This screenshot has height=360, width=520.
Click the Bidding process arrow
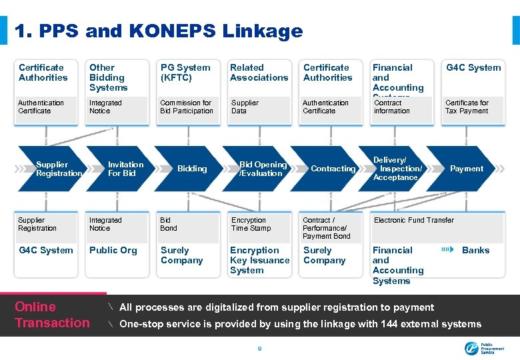(x=192, y=169)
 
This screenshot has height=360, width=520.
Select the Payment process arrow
(x=466, y=169)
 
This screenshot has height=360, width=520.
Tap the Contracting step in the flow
(x=333, y=169)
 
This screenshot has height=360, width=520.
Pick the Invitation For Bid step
(x=125, y=169)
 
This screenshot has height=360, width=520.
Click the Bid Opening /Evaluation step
(x=263, y=169)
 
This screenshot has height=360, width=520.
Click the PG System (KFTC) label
(x=185, y=72)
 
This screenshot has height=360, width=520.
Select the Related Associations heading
(x=259, y=72)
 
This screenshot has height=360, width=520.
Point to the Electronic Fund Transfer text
(x=414, y=220)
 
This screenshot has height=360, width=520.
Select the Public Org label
(x=113, y=250)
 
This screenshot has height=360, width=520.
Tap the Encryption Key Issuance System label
(x=259, y=260)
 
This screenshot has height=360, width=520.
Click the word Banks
(x=475, y=250)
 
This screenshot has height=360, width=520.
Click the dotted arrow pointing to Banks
(x=447, y=250)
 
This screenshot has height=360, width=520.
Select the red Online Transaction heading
(x=52, y=315)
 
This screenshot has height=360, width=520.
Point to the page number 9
(x=259, y=348)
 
